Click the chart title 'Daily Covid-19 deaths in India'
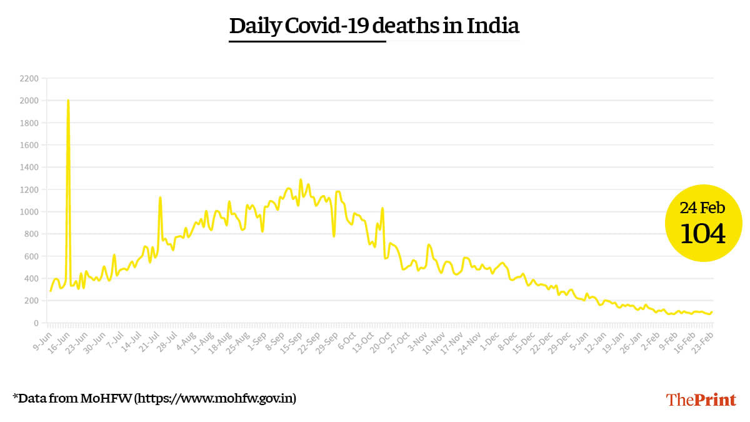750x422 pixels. click(x=374, y=26)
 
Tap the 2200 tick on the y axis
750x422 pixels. click(x=29, y=79)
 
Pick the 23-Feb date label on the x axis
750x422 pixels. click(x=704, y=340)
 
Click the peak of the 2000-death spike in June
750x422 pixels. click(x=68, y=101)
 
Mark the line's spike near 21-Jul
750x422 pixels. click(x=161, y=198)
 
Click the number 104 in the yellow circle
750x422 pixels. click(x=702, y=234)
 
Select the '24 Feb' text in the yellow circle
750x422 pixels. click(x=702, y=208)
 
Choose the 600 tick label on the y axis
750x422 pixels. click(x=31, y=256)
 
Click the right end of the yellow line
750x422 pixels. click(x=712, y=312)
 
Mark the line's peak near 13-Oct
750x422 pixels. click(x=382, y=208)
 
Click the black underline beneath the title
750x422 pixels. click(x=307, y=41)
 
